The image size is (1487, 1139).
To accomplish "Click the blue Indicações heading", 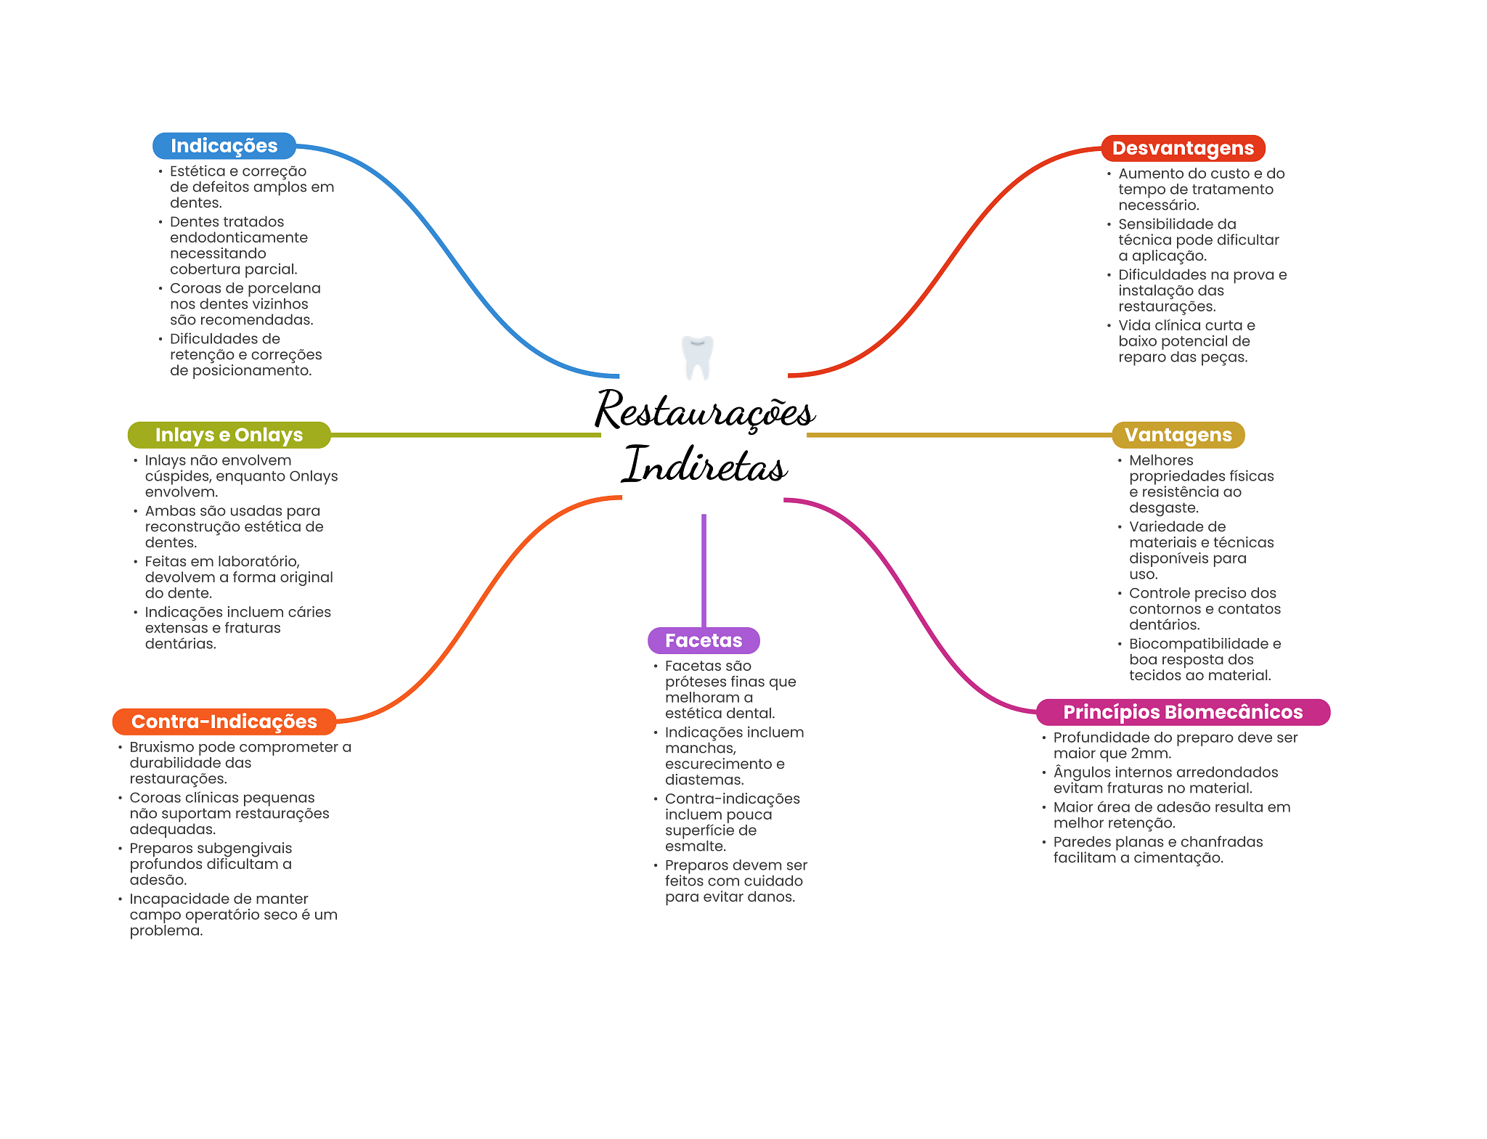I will [x=224, y=146].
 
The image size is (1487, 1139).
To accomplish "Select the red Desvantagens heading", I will [x=1183, y=148].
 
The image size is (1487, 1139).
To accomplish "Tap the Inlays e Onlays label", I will [x=229, y=435].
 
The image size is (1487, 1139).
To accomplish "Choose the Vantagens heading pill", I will [x=1178, y=435].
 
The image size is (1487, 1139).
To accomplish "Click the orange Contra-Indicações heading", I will [x=224, y=722].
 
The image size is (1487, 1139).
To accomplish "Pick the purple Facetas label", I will [x=704, y=640].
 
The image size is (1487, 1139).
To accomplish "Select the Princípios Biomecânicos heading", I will [x=1183, y=712].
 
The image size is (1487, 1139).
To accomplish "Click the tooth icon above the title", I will [x=698, y=357].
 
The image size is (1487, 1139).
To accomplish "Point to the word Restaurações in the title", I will [x=704, y=411].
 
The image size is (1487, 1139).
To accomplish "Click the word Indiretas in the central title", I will [x=704, y=465].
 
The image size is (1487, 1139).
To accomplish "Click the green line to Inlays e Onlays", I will [x=465, y=435].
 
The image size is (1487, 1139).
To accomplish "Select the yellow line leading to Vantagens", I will [x=958, y=435].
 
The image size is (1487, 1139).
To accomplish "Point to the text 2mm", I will [x=1150, y=754].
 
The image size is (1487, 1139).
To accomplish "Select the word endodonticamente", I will [x=239, y=238].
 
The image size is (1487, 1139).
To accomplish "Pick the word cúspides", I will [x=177, y=476].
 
